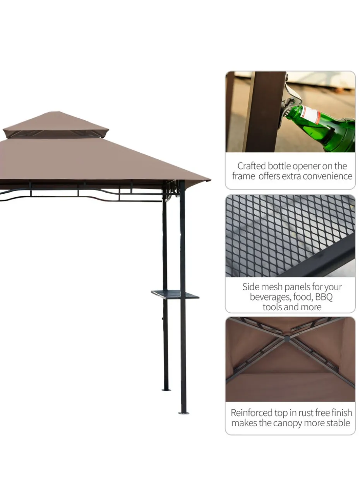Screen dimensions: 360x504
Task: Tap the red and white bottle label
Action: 312,115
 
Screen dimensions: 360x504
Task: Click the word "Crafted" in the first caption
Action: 252,166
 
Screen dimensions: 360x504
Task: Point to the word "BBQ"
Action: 324,297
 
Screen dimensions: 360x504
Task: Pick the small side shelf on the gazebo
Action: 175,294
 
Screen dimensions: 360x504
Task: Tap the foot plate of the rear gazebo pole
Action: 166,390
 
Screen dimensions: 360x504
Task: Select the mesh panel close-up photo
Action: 290,236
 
